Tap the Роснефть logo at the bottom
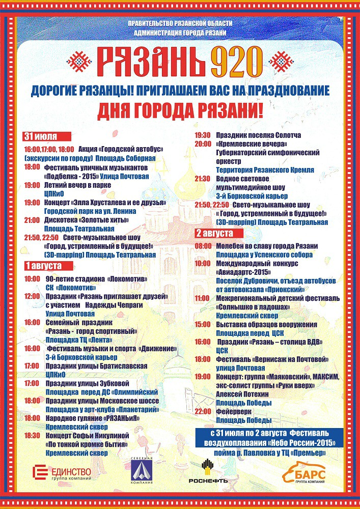(x=208, y=471)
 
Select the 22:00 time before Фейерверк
(x=203, y=411)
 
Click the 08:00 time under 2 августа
(x=203, y=246)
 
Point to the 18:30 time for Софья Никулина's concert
(x=32, y=436)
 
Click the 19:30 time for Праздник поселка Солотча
(x=203, y=135)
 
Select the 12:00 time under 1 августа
(x=32, y=296)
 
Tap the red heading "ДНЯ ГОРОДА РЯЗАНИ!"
(x=180, y=111)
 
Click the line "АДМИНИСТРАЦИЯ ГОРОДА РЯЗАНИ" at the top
(x=180, y=33)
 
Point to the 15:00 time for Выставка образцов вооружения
(x=203, y=324)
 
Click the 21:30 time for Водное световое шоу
(x=203, y=179)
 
